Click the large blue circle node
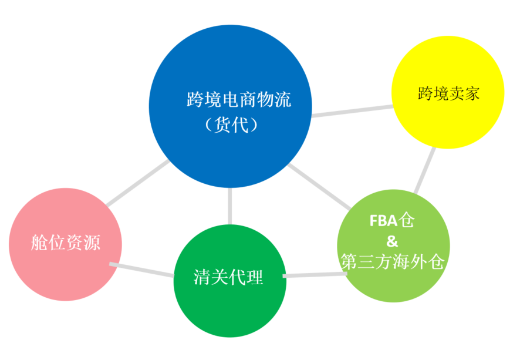[230, 106]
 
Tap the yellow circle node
[448, 92]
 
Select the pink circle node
[65, 244]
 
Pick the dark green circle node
[230, 281]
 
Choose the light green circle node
[393, 246]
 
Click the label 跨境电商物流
[239, 99]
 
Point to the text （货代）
[231, 125]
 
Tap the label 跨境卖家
[448, 93]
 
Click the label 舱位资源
[65, 243]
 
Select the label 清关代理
[228, 277]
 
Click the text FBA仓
[391, 220]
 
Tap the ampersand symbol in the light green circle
[392, 241]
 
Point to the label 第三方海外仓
[392, 262]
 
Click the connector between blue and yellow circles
[352, 111]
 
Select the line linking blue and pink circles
[138, 183]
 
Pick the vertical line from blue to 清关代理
[230, 206]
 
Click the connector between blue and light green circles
[319, 187]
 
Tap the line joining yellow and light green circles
[425, 170]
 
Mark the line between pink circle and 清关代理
[142, 270]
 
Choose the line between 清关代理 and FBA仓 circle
[315, 275]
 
